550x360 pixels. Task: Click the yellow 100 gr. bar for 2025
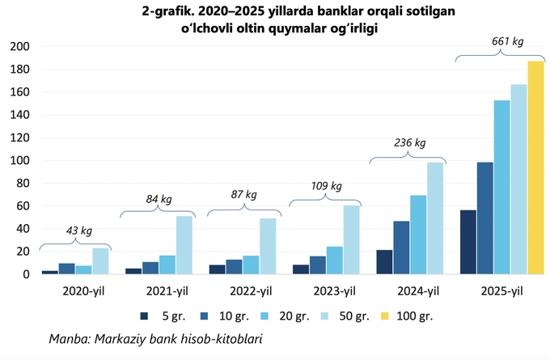[x=536, y=167]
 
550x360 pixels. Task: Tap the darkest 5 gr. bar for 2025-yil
[x=467, y=242]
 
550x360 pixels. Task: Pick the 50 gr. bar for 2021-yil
[x=184, y=245]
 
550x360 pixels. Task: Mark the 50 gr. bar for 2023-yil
[x=351, y=239]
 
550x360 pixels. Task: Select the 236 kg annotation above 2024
[x=408, y=142]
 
